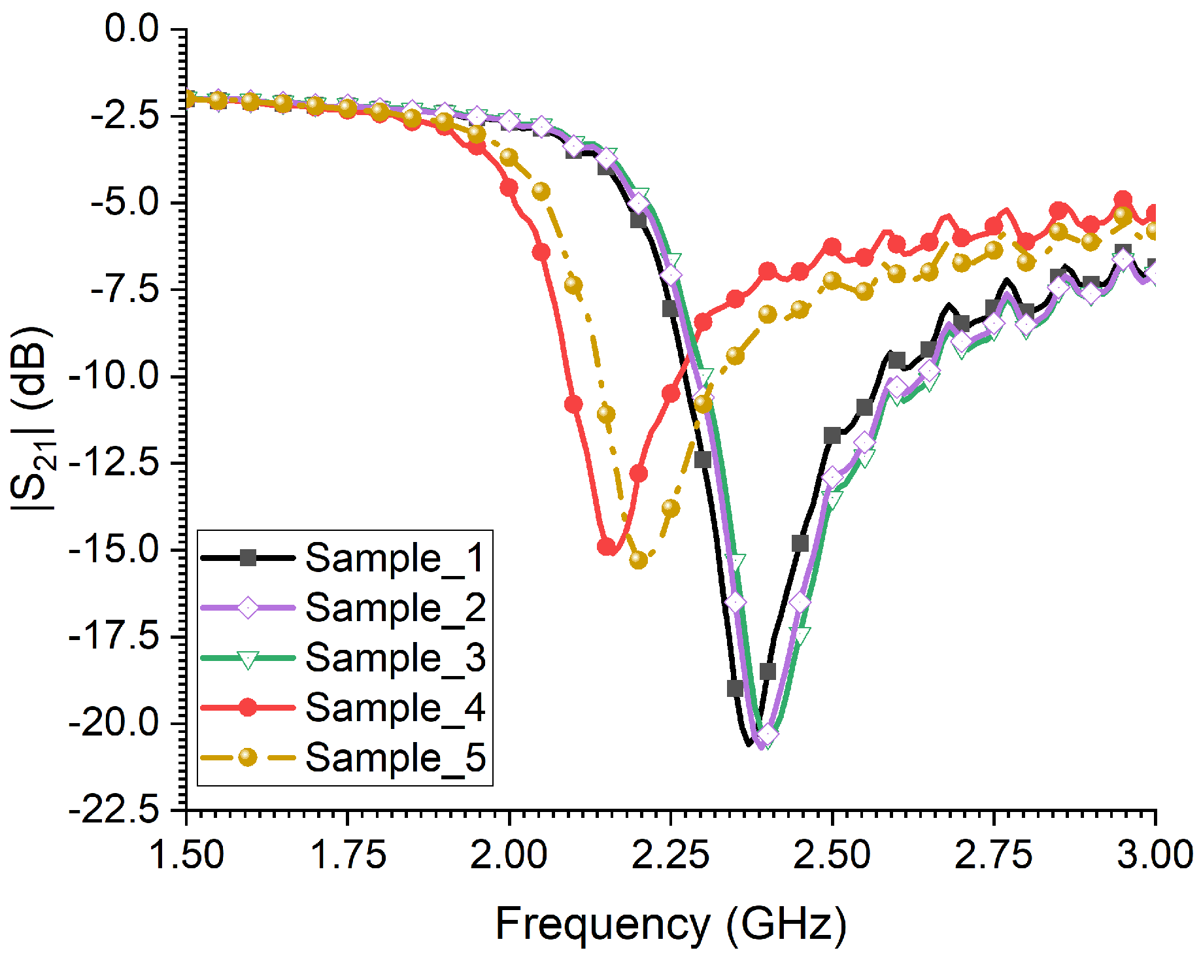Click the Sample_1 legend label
(395, 558)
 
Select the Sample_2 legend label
(395, 608)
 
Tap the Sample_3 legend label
(395, 658)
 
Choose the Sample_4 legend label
(395, 707)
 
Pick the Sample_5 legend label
(395, 757)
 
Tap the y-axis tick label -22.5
(114, 811)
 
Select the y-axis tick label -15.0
(114, 549)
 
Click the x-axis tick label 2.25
(670, 855)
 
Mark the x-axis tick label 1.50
(187, 855)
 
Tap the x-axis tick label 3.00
(1155, 855)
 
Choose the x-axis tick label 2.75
(993, 855)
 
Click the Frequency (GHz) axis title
(671, 924)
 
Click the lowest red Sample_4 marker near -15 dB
(607, 546)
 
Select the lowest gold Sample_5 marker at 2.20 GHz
(638, 560)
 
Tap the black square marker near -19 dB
(736, 688)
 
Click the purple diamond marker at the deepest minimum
(768, 735)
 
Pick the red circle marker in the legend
(248, 707)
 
